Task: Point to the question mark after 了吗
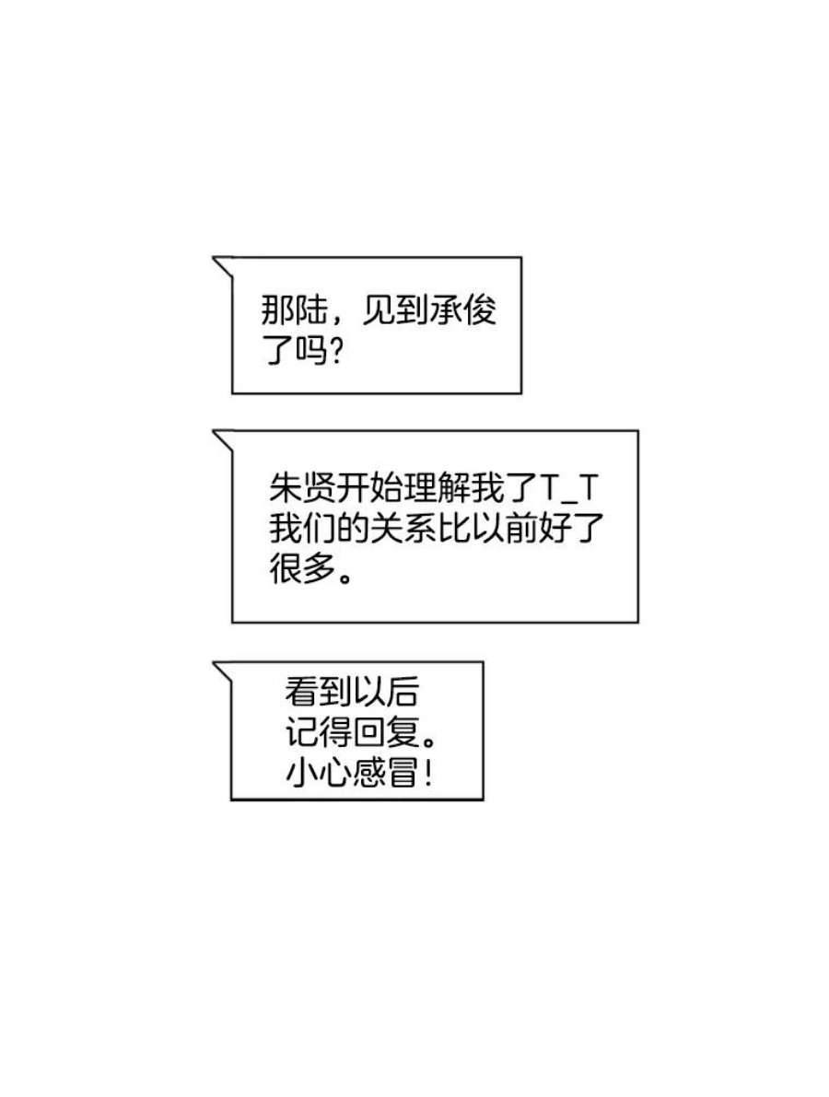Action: [x=334, y=352]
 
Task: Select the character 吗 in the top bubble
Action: [x=311, y=352]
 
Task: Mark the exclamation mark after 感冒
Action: [x=426, y=773]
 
